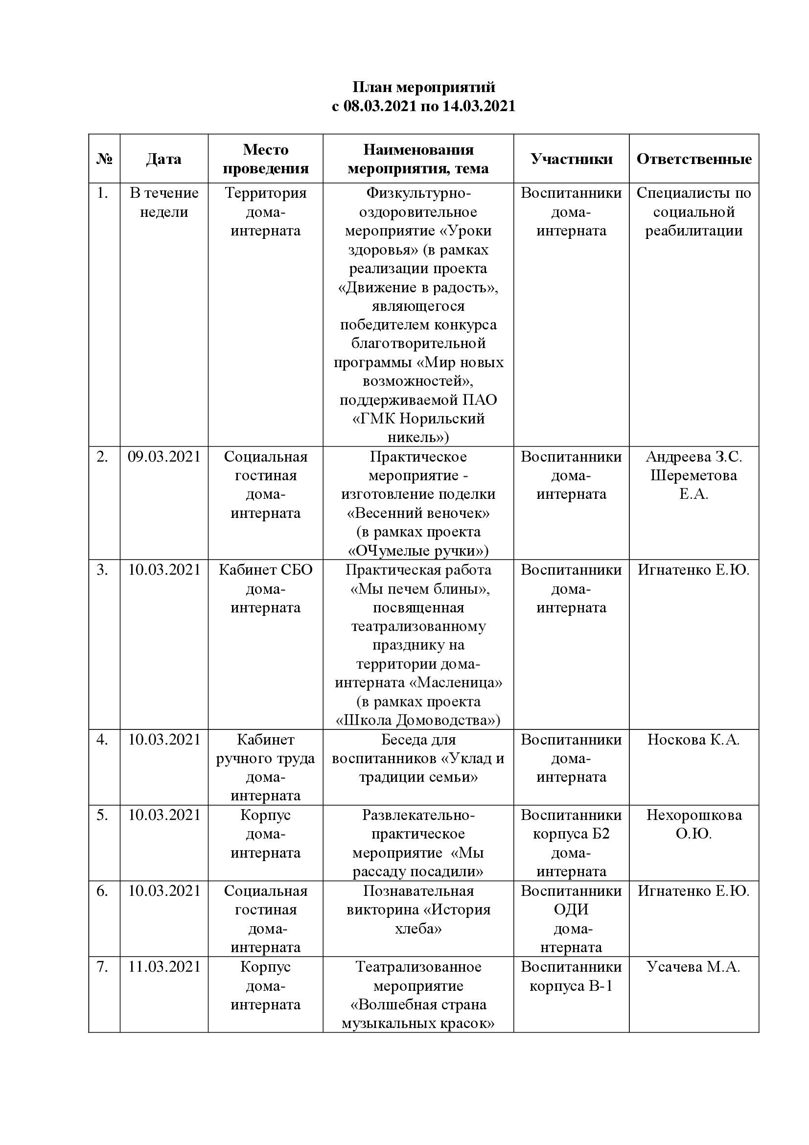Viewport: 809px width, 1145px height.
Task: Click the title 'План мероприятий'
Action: tap(424, 87)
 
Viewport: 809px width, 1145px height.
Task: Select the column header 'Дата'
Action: tap(163, 159)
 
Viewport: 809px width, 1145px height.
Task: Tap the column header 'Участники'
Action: tap(571, 159)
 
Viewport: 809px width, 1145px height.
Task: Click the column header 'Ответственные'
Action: tap(694, 159)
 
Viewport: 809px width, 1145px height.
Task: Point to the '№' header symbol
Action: tap(104, 159)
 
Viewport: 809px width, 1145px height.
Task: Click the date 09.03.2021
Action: tap(164, 456)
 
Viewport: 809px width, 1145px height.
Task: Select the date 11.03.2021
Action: tap(164, 966)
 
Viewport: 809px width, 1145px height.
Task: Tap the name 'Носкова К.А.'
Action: tap(693, 740)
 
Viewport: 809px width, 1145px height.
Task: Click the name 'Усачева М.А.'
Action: tap(693, 966)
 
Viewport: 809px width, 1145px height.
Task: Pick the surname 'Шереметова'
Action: tap(693, 475)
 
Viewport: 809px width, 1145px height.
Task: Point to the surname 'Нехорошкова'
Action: tap(694, 815)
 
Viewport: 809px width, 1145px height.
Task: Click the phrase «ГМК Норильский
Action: tap(418, 419)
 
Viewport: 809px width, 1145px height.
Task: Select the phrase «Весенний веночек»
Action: tap(418, 513)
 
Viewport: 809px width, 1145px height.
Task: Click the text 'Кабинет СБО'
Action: tap(265, 569)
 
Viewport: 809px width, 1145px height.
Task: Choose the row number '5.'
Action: tap(102, 815)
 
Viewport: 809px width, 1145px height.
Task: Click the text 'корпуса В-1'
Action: tap(571, 985)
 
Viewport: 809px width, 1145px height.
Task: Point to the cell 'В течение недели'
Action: tap(164, 203)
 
